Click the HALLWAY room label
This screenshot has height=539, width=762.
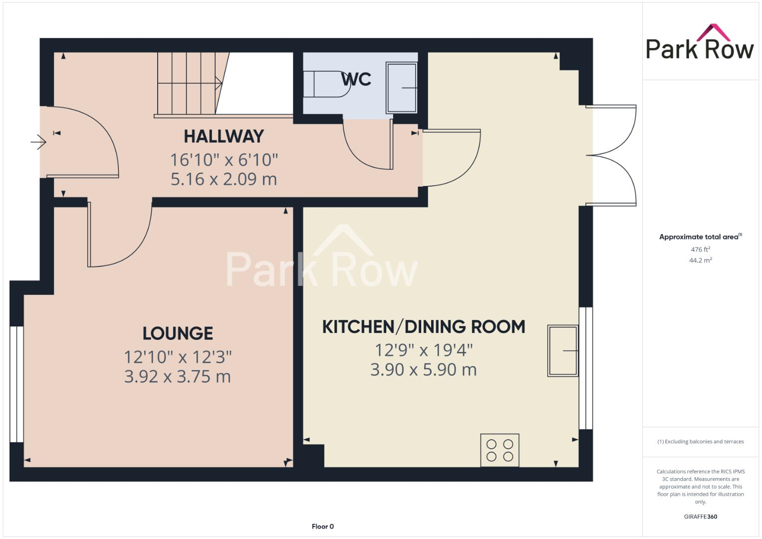[x=224, y=136]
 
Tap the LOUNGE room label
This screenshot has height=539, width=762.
[x=178, y=333]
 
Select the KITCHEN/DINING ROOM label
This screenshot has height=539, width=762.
[x=423, y=327]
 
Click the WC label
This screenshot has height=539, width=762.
[x=356, y=79]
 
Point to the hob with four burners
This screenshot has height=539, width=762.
[x=500, y=450]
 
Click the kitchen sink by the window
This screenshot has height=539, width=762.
[x=563, y=351]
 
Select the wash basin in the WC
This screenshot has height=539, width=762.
[x=402, y=88]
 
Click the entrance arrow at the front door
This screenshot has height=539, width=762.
[x=38, y=143]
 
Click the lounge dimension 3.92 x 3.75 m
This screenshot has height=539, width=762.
[x=178, y=376]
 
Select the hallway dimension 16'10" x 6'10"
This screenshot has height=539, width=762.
[x=224, y=160]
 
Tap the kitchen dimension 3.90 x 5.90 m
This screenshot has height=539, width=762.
[x=423, y=370]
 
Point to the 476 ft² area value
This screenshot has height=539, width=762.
[x=700, y=250]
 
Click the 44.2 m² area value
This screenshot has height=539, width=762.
[x=700, y=261]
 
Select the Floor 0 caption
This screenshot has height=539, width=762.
[x=322, y=527]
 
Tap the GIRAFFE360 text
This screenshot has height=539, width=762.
[x=700, y=517]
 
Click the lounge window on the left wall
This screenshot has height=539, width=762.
[x=16, y=384]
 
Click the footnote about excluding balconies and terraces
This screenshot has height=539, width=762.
[x=700, y=442]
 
